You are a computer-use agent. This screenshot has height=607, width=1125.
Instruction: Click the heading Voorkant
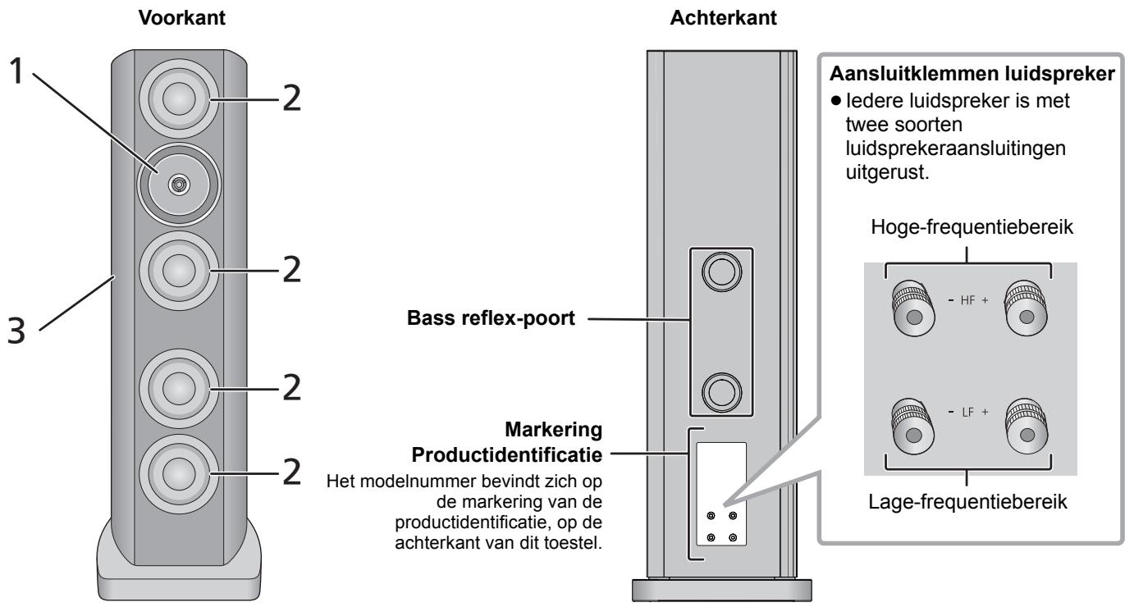coord(182,18)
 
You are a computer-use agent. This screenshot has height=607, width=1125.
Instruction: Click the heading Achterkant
coord(723,18)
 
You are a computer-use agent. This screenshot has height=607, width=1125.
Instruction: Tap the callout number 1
coord(16,71)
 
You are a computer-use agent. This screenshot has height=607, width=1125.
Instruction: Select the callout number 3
coord(16,331)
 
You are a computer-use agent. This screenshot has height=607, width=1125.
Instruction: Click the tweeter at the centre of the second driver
coord(178,185)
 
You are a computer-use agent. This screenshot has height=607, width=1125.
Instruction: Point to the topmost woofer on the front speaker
coord(179,98)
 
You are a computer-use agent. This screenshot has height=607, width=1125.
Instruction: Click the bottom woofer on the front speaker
coord(179,474)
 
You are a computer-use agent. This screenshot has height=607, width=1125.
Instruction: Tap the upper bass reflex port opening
coord(722,272)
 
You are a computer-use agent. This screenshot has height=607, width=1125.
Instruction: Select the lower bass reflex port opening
coord(722,392)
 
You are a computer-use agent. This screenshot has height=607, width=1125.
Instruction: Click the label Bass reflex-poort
coord(491,318)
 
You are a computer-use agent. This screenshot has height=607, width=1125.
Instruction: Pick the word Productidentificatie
coord(507,455)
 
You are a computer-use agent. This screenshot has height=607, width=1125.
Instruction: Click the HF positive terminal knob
coord(1026,308)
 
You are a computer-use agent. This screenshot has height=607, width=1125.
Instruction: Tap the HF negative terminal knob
coord(913,308)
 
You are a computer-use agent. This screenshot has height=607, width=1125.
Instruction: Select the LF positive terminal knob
coord(1026,426)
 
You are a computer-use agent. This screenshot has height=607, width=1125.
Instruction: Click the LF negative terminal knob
coord(913,426)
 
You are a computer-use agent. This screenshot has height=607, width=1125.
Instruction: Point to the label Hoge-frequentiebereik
coord(972,227)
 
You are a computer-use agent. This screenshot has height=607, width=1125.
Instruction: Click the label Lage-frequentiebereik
coord(967,501)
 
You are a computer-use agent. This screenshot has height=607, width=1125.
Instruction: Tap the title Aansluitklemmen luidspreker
coord(972,74)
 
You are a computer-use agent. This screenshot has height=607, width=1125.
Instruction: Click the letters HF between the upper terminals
coord(967,300)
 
